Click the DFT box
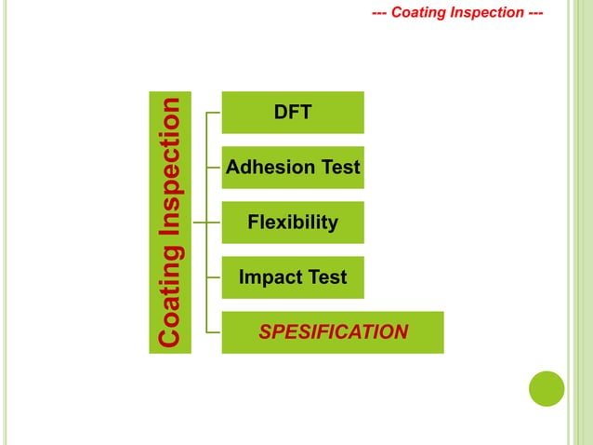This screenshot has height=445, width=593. point(292,113)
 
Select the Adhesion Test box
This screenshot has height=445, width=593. point(292,168)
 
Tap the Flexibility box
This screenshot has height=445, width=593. point(292,222)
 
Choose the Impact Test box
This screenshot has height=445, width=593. point(292,277)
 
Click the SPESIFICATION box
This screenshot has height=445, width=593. point(332,332)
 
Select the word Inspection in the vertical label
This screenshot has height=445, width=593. point(170,177)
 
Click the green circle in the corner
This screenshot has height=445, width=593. point(547,388)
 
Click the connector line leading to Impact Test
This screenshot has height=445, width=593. point(215,277)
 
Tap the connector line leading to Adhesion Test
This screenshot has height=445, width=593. point(215,168)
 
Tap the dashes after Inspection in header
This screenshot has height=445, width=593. point(534,13)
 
